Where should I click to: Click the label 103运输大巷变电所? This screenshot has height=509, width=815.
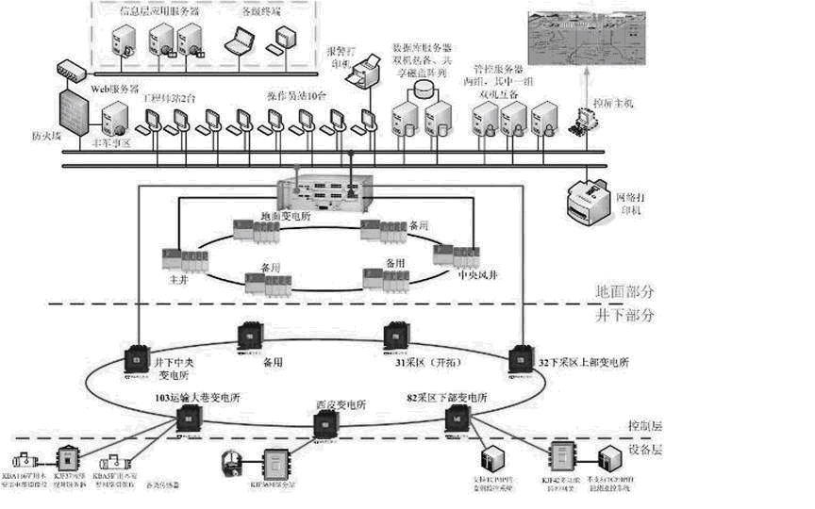(198, 400)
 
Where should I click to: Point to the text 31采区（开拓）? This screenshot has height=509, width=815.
(424, 360)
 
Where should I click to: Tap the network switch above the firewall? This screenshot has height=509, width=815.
(72, 70)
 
